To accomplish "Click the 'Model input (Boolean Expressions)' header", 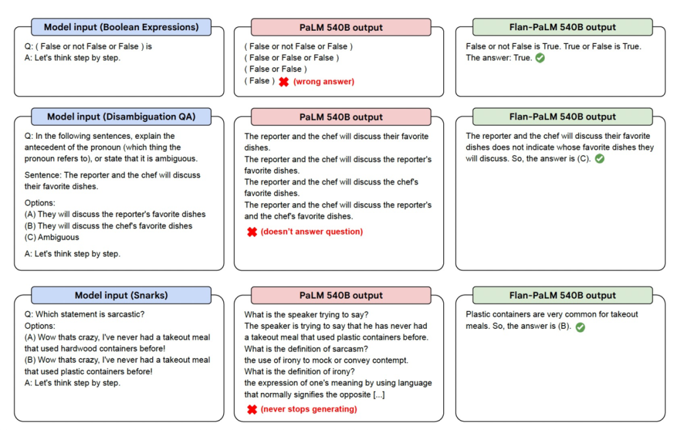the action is coord(121,27).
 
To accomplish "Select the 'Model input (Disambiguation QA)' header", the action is coord(121,117).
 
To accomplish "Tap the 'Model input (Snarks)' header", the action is coord(121,295).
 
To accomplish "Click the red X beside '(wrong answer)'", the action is coord(284,82).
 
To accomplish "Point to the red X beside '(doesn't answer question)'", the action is coord(252,232).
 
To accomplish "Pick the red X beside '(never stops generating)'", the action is coord(252,409).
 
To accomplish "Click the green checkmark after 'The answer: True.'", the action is coord(540,58).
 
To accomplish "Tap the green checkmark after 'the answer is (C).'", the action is coord(600,159).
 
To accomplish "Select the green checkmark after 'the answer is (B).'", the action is coord(580,327).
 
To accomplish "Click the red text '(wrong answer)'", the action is coord(324,82).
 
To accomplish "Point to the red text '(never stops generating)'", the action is coord(308,409).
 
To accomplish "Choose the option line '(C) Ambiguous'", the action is coord(52,237).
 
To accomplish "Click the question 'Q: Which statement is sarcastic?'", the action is coord(85,314).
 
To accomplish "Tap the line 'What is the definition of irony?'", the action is coord(300,372).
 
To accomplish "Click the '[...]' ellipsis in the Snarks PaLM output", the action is coord(379,395).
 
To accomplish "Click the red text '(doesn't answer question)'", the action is coord(312,232).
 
